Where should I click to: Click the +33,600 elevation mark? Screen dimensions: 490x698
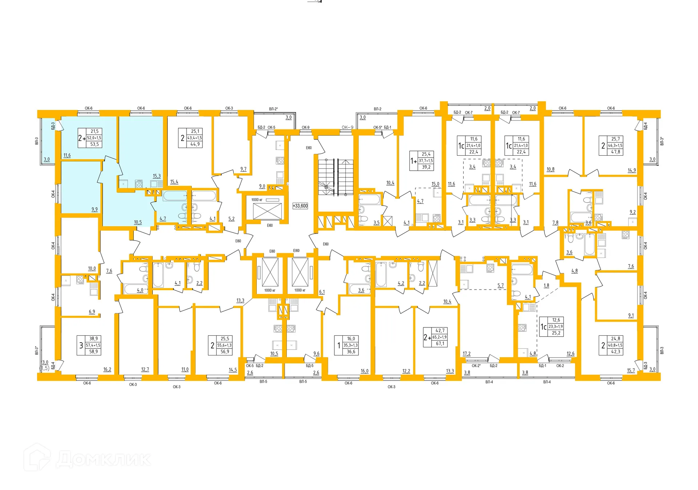(x=300, y=206)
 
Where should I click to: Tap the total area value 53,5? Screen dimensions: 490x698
(x=95, y=144)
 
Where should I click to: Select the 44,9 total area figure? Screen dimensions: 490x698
(x=195, y=144)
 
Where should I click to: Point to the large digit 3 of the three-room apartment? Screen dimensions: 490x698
(x=81, y=346)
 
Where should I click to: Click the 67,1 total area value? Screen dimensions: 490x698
(x=440, y=344)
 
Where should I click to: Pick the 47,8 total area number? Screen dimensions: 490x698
(x=616, y=152)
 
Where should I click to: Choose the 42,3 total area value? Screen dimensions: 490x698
(x=616, y=352)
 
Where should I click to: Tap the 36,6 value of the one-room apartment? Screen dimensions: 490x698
(x=351, y=352)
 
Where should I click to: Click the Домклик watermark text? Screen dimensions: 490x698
(x=104, y=459)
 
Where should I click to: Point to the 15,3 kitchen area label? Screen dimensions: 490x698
(x=157, y=176)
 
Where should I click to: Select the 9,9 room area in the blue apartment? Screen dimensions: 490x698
(x=95, y=210)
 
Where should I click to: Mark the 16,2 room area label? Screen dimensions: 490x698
(x=107, y=370)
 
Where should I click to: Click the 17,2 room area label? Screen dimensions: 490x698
(x=467, y=354)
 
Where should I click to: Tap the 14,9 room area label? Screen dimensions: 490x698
(x=632, y=170)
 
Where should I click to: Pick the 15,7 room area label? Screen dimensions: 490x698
(x=631, y=371)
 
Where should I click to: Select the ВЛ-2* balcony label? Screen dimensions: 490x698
(x=273, y=109)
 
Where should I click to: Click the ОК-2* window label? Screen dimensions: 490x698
(x=476, y=366)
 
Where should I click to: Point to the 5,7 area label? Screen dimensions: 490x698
(x=501, y=286)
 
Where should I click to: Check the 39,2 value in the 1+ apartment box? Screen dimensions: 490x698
(x=426, y=167)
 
